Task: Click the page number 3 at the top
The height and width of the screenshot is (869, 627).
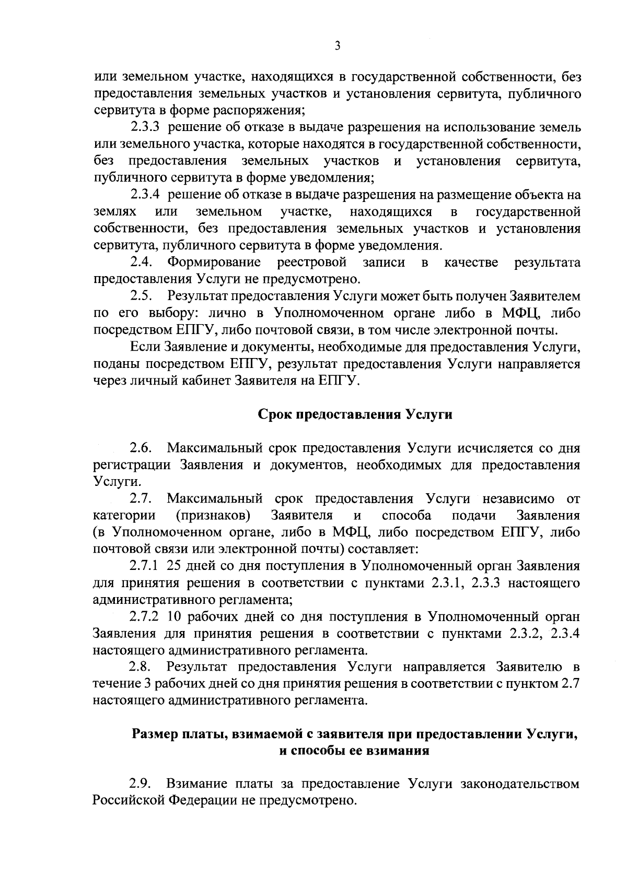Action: (337, 46)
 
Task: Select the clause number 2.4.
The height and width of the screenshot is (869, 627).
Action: (141, 262)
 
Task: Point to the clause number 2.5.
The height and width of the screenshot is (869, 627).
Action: (141, 296)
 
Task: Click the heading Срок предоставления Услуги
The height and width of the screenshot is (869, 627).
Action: (355, 414)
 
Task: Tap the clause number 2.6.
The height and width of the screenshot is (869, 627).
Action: (141, 448)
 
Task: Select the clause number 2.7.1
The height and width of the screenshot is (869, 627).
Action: (144, 566)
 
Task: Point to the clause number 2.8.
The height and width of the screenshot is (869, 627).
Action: (141, 667)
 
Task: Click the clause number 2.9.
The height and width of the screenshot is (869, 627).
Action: (141, 784)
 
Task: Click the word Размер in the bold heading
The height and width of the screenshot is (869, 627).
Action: (154, 734)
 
